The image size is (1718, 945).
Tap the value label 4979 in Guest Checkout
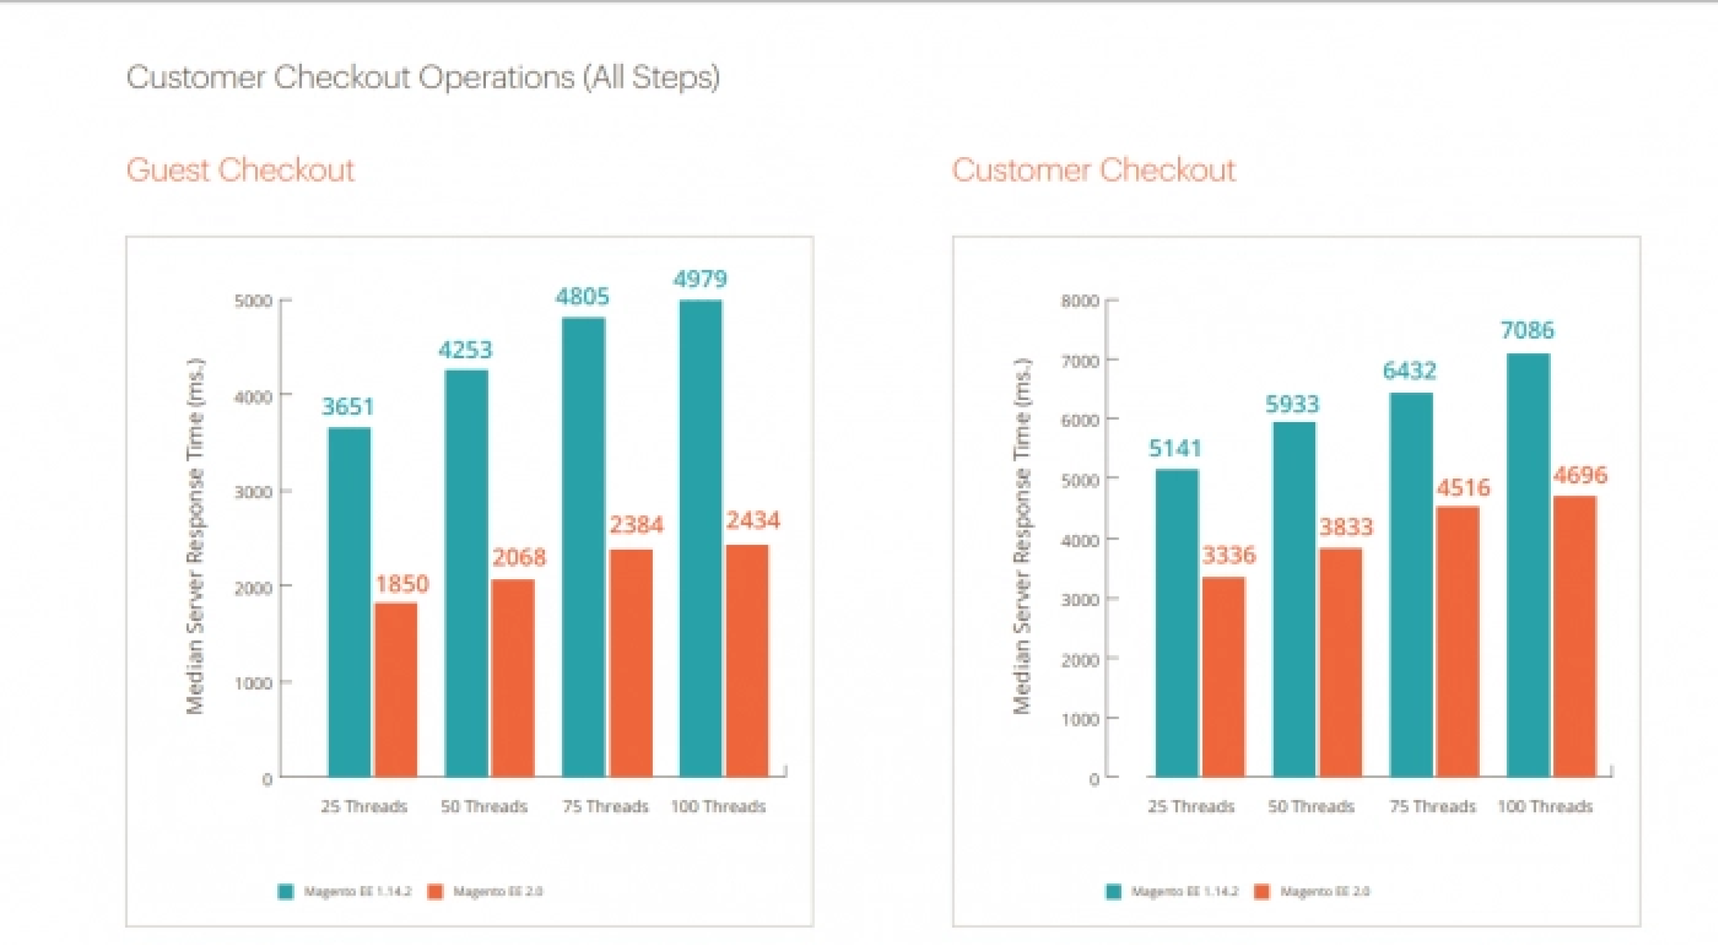700,279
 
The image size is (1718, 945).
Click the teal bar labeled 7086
1528,564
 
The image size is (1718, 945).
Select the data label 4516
1463,487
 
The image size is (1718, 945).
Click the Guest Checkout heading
240,170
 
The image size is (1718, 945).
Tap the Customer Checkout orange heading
1093,170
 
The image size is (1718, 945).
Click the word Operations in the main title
497,77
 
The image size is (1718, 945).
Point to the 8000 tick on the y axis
1079,301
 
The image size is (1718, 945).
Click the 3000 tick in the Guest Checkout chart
252,492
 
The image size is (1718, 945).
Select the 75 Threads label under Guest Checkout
605,806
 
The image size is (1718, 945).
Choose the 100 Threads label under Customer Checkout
1545,806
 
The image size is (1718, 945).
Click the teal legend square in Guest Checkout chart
286,891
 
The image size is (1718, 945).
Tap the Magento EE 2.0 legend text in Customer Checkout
1324,891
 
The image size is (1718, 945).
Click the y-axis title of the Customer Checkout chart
1021,537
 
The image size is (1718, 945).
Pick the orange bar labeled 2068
513,678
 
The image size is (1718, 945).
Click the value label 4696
1580,475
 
